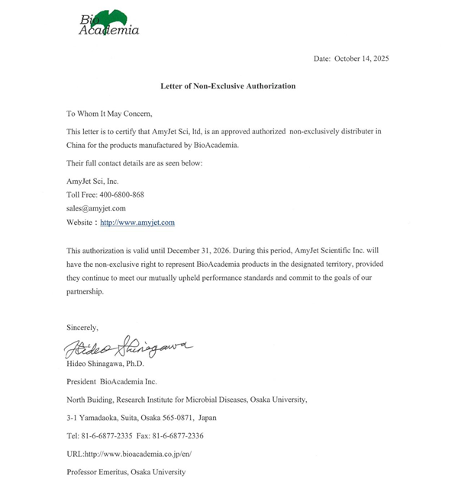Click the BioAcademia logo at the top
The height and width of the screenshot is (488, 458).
tap(109, 24)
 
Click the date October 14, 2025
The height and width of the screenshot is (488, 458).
tap(362, 59)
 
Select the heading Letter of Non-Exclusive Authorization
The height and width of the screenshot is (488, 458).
tap(227, 86)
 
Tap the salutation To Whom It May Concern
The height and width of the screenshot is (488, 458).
tap(109, 114)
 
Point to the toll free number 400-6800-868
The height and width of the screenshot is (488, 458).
tap(122, 194)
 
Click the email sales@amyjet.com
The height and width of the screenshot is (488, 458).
tap(96, 208)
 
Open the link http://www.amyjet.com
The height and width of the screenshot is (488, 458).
tap(137, 223)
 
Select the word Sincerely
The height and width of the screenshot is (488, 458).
tap(82, 328)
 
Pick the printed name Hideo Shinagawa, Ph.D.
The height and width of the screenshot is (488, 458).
tap(105, 364)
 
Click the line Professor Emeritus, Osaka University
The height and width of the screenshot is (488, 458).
tap(126, 472)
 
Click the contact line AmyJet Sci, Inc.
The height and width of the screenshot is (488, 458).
tap(92, 181)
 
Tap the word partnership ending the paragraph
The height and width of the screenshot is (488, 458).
tap(84, 291)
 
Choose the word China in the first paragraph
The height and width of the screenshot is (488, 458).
tap(77, 146)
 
